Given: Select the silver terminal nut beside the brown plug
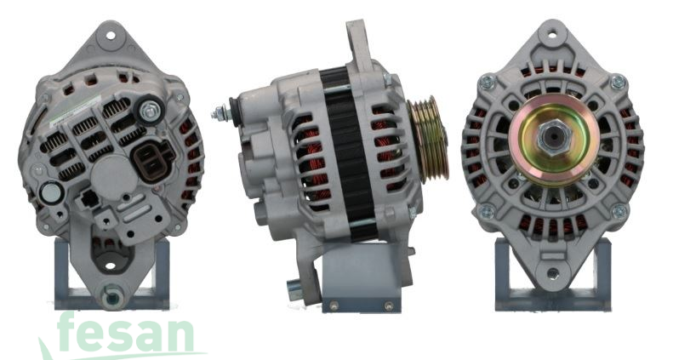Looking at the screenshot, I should [151, 109].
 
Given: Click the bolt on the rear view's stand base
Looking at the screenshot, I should [111, 298].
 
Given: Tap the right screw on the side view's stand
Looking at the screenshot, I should [389, 305].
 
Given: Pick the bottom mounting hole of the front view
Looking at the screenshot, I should [554, 274].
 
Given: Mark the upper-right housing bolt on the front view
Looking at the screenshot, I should [618, 82].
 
